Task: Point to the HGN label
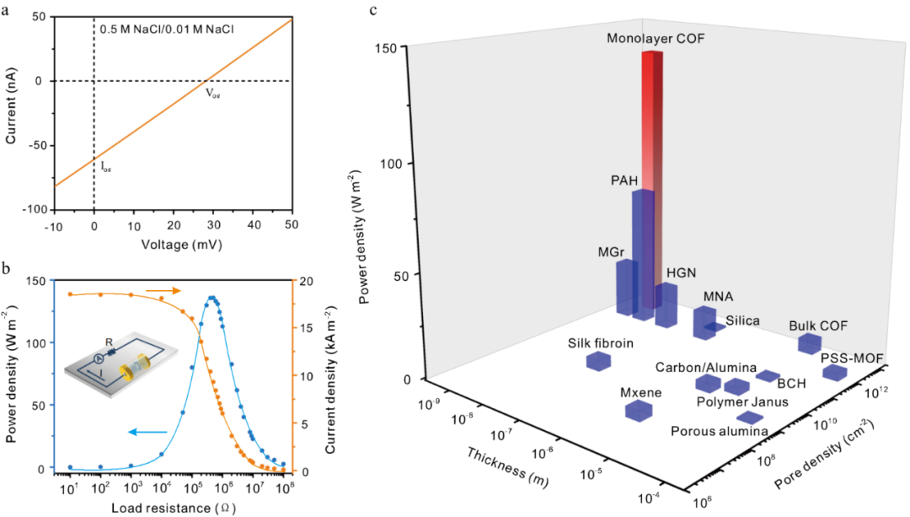tap(681, 272)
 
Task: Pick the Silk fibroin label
tap(600, 342)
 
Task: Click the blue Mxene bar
tap(639, 411)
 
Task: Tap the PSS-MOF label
tap(852, 358)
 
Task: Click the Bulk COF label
tap(817, 326)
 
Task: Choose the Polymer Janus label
tap(742, 401)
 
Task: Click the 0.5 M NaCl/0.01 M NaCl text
tap(163, 30)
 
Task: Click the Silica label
tap(742, 320)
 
